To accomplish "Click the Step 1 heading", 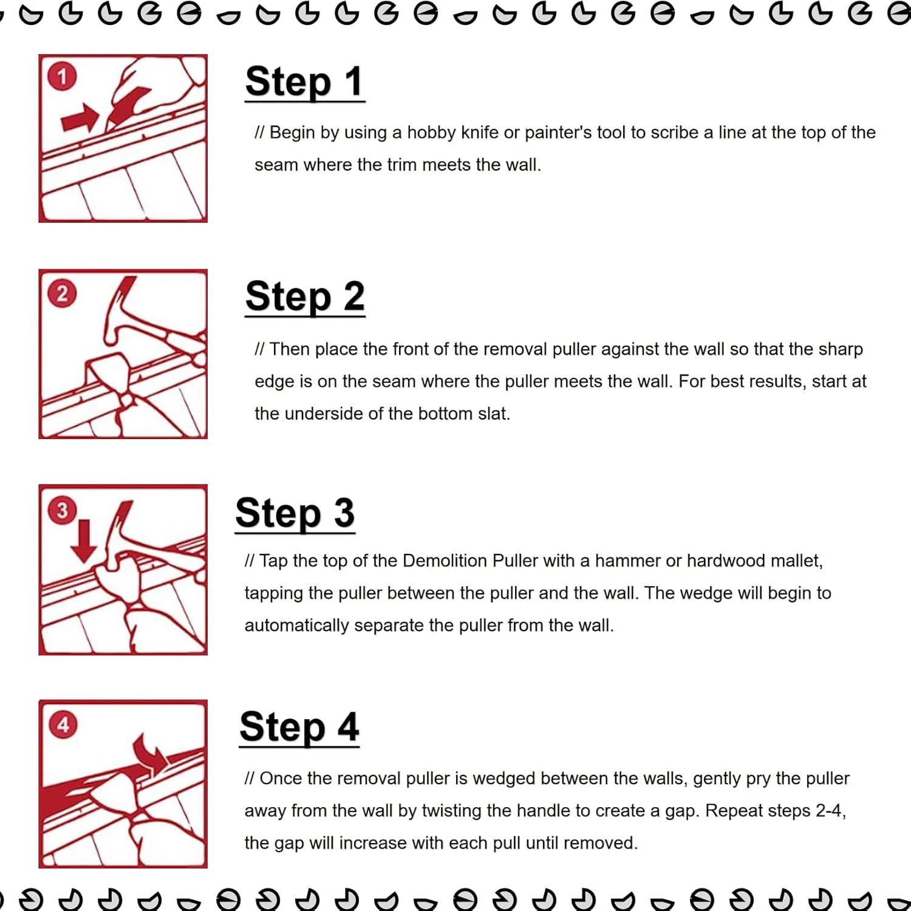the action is [x=304, y=81].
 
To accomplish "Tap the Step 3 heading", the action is [x=295, y=513].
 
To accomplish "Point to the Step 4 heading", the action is [x=299, y=727].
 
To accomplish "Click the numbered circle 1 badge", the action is [x=62, y=77].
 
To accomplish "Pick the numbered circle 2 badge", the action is [x=62, y=294].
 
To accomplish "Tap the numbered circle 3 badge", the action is [x=62, y=510].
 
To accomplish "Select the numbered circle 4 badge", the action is [x=63, y=725].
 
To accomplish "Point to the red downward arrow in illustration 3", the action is [x=84, y=541].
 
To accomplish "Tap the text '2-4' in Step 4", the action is [x=830, y=811].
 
